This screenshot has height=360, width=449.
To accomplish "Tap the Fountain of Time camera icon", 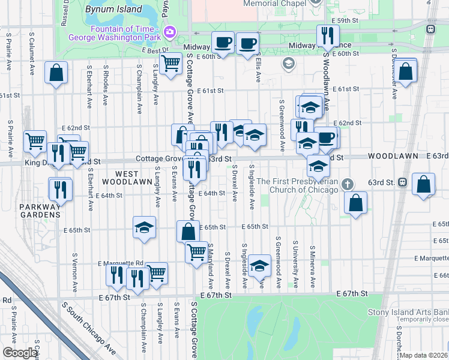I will point(170,31).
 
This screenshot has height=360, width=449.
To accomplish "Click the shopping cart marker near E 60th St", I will point(171,62).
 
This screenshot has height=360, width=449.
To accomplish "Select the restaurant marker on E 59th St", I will point(327,35).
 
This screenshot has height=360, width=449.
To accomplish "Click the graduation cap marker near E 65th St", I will point(143,227).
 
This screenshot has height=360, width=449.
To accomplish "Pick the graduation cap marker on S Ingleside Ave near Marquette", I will point(260,266).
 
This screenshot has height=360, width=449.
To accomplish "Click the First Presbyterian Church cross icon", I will point(346,184).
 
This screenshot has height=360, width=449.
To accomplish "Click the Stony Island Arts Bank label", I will point(408,312).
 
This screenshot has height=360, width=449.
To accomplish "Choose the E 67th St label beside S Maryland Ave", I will point(215,296).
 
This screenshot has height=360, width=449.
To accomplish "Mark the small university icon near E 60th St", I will point(289,63).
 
